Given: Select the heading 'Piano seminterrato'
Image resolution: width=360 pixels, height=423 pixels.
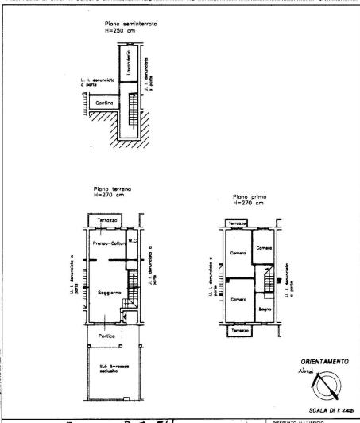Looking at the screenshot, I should [x=130, y=25].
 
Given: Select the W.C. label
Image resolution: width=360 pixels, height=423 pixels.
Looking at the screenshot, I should [x=133, y=242].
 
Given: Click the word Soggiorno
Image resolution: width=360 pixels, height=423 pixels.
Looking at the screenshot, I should [x=108, y=293].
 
